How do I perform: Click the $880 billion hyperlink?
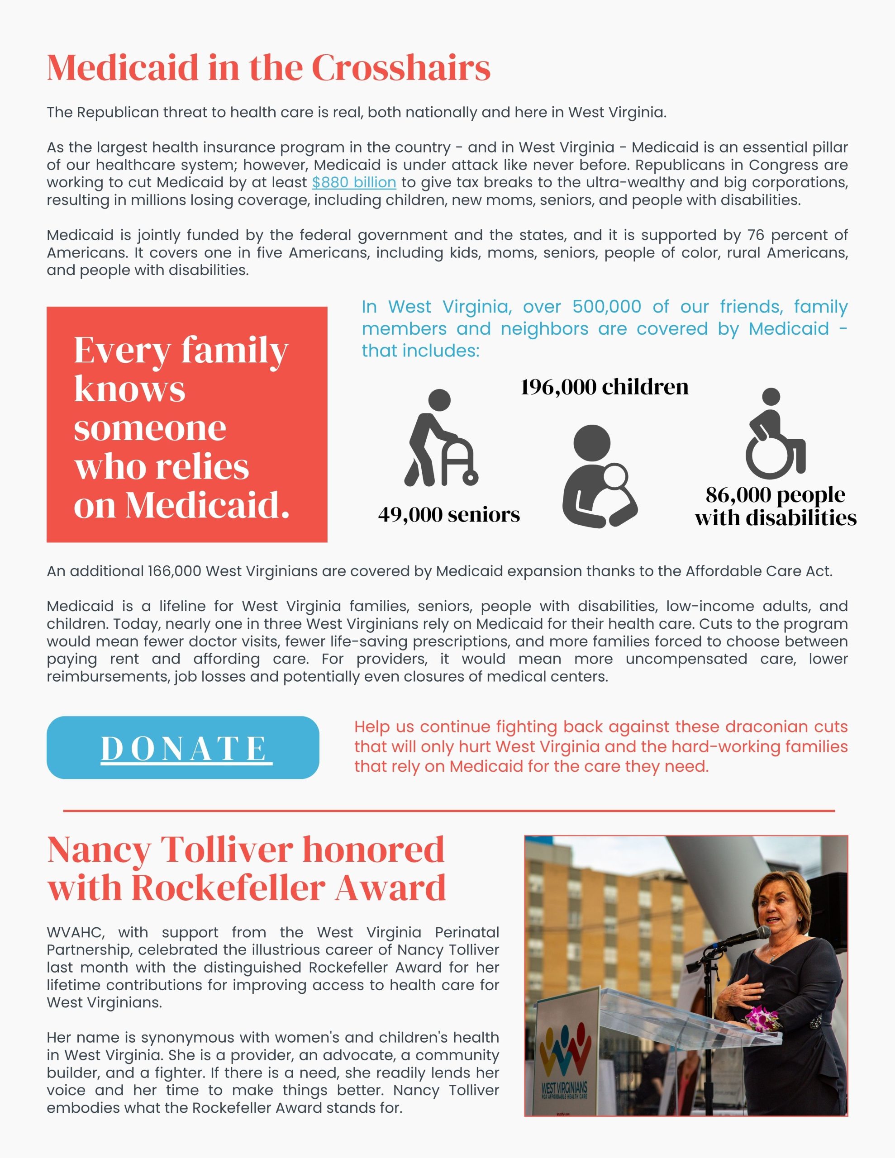354,182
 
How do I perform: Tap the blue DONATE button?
183,748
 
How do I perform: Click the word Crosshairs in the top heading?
400,68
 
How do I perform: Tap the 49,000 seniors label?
449,514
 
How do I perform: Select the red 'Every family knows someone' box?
187,424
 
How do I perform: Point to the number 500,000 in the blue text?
606,307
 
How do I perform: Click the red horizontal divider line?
449,811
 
